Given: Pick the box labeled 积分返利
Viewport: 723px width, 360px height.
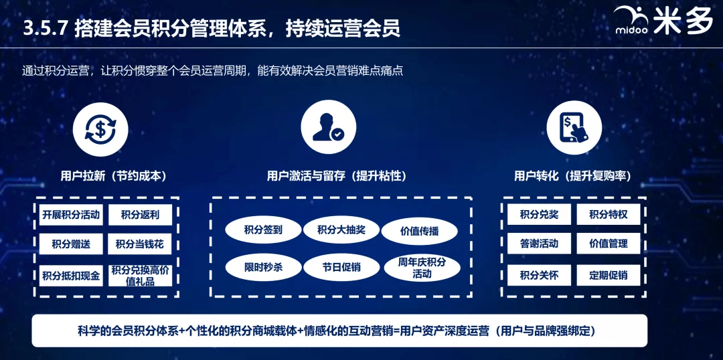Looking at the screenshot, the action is [140, 215].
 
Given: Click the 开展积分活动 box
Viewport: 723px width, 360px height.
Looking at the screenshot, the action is [71, 215].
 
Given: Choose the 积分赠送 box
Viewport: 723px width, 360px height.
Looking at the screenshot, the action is [71, 244].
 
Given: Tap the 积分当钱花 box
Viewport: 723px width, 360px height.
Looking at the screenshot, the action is [140, 244].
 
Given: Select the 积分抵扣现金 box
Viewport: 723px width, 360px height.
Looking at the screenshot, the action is [71, 276].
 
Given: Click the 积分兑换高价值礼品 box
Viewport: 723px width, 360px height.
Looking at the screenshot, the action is [140, 276].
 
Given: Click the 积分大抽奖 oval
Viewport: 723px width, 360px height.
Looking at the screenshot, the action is [341, 230].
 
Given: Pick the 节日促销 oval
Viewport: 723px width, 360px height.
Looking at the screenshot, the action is [341, 268].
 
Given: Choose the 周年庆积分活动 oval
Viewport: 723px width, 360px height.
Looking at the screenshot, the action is [422, 268].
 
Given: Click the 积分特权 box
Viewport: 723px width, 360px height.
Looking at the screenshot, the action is [608, 214].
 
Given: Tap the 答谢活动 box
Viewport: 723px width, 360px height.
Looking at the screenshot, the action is [539, 244].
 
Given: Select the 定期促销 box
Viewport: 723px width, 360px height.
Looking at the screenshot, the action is [608, 275].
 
